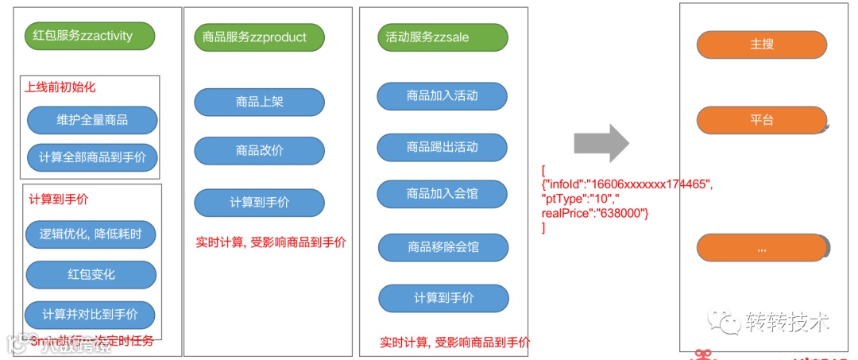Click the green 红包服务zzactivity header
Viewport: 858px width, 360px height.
[90, 36]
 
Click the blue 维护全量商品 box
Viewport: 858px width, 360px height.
[92, 121]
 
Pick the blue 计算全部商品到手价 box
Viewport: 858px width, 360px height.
[92, 157]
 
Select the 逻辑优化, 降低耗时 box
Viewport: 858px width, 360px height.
[91, 234]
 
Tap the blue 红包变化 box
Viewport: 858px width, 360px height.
[91, 274]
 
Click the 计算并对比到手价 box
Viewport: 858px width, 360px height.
[90, 315]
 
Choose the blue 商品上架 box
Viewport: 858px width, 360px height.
[260, 102]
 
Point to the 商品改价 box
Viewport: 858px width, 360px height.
[260, 151]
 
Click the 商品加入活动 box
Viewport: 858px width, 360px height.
[443, 95]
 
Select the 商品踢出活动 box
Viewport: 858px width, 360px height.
[443, 147]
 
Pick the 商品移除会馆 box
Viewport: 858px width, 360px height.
[443, 247]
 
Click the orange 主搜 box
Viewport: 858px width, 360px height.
[761, 45]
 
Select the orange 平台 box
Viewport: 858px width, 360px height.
[761, 121]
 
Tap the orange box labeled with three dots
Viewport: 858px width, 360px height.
[761, 248]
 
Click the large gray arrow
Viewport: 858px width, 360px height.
[601, 144]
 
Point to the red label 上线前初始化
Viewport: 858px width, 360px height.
[60, 87]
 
